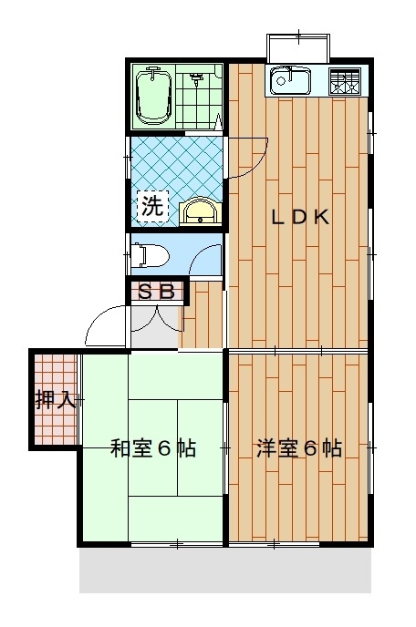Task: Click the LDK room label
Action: coord(300,217)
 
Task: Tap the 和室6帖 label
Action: coord(153,448)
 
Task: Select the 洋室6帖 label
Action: coord(299,448)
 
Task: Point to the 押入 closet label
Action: coord(56,399)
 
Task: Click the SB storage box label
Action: coord(157,292)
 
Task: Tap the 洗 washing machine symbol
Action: coord(153,206)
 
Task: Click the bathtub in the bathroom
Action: coord(154,96)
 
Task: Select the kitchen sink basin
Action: coord(290,82)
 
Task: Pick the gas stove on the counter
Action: coord(344,82)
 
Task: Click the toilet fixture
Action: coord(150,255)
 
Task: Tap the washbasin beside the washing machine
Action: coord(200,211)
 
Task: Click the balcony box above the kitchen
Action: coord(298,48)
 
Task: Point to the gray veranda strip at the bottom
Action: coord(225,570)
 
